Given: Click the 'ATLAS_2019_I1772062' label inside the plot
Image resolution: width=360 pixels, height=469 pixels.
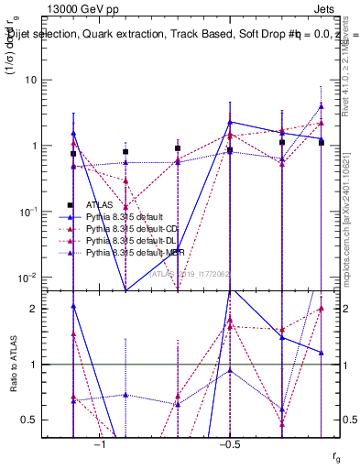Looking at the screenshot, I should coord(191,273).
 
